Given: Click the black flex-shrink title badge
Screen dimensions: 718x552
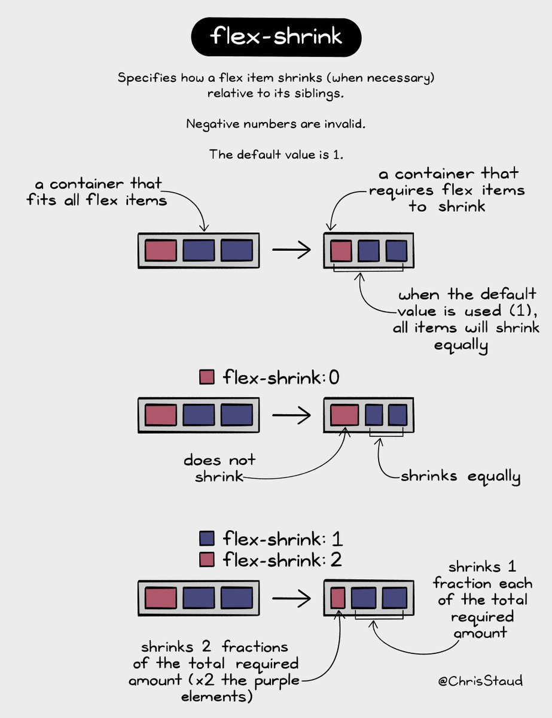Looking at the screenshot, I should pos(276,37).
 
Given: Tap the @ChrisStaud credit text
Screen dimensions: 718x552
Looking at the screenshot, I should pos(479,681).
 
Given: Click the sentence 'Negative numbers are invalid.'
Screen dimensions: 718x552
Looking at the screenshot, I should pos(276,124).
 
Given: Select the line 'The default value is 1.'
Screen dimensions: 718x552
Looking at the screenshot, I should pos(276,154).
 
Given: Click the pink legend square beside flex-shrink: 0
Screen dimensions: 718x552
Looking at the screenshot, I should pos(206,378).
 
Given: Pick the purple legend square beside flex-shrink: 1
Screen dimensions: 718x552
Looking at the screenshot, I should pos(206,538).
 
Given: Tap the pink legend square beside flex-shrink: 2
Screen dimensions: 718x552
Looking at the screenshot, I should pos(206,560).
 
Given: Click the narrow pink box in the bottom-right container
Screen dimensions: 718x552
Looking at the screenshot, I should pos(338,598).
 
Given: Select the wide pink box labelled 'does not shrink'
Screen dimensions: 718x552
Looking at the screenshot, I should pos(344,415).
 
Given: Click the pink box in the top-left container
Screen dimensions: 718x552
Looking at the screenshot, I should pos(161,250).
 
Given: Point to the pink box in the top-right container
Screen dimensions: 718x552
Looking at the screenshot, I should pos(341,250).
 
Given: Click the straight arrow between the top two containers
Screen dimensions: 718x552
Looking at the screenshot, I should pos(291,250).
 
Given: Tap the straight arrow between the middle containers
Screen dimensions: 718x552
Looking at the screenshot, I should pos(291,415).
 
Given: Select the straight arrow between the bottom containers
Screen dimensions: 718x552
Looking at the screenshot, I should pos(291,598).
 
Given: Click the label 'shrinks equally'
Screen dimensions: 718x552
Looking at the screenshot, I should pos(460,477).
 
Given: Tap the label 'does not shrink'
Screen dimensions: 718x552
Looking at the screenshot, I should pos(219,468).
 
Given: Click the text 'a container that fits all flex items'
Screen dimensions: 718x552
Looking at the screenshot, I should pos(96,191).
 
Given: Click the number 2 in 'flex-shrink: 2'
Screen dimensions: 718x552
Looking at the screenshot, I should pos(336,560).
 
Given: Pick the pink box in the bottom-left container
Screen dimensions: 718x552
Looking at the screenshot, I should pos(161,598).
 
